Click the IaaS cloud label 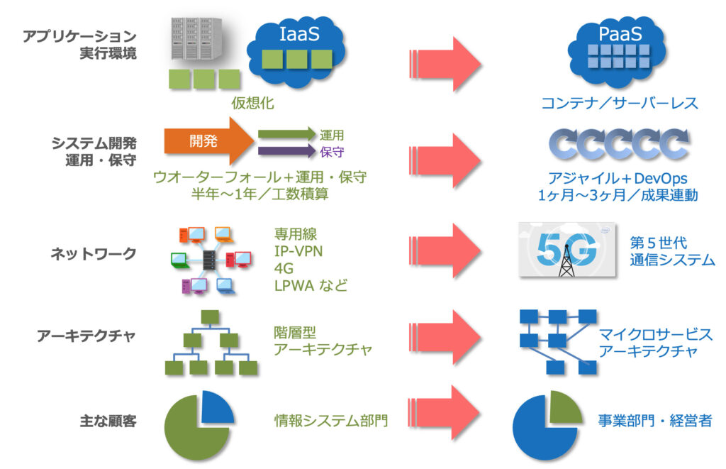pos(299,34)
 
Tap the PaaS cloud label pos(620,34)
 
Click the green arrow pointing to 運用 pos(287,134)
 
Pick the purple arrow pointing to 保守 pos(287,151)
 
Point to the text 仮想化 pos(253,103)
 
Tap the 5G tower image pos(566,250)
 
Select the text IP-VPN pos(298,251)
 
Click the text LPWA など pos(311,285)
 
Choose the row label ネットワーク pos(93,253)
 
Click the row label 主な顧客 pos(108,421)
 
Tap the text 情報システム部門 pos(331,421)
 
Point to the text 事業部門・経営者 pos(655,421)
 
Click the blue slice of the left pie pos(216,408)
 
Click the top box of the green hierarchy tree pos(210,317)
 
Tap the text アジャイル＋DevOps pos(618,178)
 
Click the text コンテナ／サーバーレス pos(620,103)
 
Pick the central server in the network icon pos(210,260)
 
